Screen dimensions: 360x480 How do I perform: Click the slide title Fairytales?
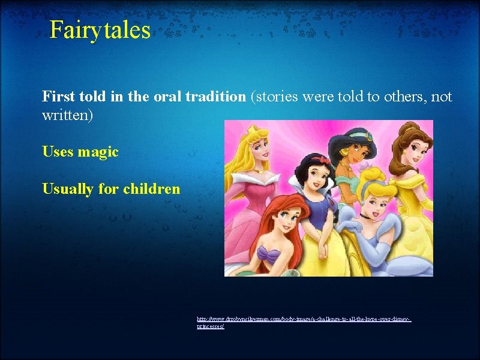coord(100,29)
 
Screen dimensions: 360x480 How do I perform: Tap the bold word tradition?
coord(215,97)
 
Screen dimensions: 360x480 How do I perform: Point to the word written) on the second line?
coord(67,115)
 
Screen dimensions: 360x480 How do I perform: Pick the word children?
coord(151,189)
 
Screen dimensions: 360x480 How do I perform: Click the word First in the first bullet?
coord(58,97)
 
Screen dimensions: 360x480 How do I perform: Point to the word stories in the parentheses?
coord(277,97)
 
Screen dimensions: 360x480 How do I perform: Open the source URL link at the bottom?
coord(304,322)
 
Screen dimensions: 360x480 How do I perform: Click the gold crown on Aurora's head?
coord(248,130)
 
